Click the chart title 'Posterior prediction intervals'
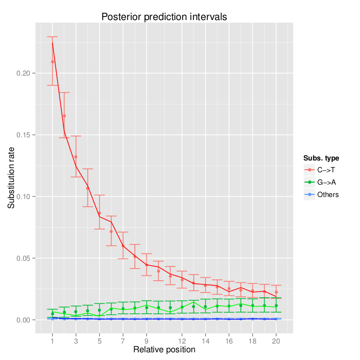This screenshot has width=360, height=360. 164,17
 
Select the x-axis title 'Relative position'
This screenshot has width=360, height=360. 164,350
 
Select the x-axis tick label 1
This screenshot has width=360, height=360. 52,340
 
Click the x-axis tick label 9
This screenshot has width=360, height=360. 147,340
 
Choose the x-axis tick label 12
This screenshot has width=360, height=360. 182,340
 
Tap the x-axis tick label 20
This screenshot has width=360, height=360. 276,340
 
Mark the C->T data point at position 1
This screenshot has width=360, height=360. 52,62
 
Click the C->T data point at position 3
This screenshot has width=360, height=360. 76,157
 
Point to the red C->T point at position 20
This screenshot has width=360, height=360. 276,292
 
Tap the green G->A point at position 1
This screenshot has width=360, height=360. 52,313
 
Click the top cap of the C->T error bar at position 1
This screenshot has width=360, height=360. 52,37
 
